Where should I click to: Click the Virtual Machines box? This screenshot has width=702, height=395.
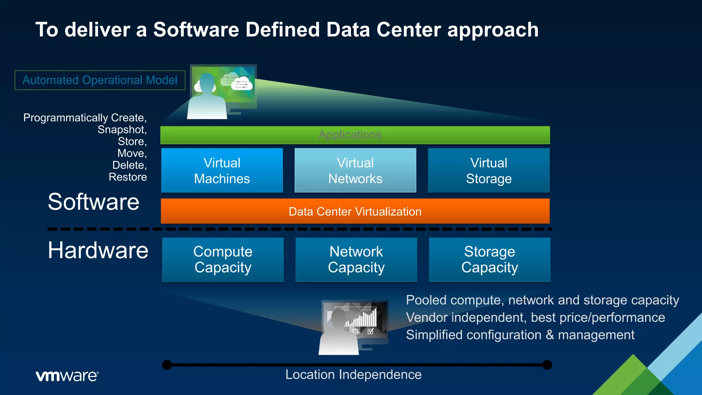click(x=222, y=170)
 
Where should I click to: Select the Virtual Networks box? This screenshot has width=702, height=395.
click(x=355, y=170)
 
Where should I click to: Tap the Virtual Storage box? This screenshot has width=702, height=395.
click(x=488, y=170)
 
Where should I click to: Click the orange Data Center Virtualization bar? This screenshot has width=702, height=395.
click(x=355, y=211)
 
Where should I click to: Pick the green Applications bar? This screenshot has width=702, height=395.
click(x=355, y=135)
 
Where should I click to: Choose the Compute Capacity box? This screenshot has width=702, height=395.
click(x=223, y=260)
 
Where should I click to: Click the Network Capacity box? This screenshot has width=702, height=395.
click(x=356, y=260)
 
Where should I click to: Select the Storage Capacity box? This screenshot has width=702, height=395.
click(x=489, y=260)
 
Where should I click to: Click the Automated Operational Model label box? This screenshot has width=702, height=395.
click(x=100, y=80)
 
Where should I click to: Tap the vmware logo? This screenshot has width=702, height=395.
click(x=67, y=376)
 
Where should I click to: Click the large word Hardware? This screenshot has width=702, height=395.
click(x=98, y=250)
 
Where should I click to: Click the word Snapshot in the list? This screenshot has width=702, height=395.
click(x=122, y=130)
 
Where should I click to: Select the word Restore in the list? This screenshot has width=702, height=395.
click(x=128, y=177)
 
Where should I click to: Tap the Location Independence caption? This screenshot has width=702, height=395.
click(x=353, y=374)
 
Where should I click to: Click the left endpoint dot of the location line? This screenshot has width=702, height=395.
click(x=167, y=365)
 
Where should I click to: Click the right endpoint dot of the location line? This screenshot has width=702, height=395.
click(x=547, y=365)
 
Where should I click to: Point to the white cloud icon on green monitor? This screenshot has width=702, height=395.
click(x=242, y=83)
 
